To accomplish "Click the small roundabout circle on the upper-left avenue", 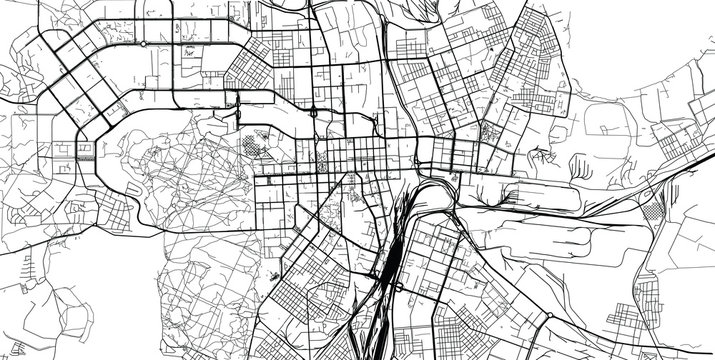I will click(143, 44).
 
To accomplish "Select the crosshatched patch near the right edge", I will click(655, 211).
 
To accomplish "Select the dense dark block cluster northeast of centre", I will click(490, 134).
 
